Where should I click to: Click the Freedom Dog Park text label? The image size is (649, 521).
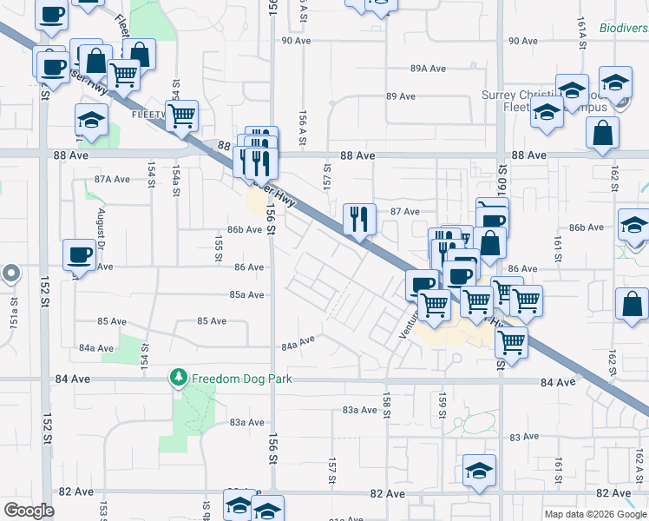(242, 379)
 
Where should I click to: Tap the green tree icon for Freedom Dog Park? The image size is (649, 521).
(179, 378)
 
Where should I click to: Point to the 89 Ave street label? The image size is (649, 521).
(403, 96)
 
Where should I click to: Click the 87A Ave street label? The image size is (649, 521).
(112, 179)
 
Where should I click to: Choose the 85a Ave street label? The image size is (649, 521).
(246, 295)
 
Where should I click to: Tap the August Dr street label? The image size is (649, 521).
(102, 228)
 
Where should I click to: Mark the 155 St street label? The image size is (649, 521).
(219, 247)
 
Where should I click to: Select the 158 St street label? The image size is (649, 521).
(387, 403)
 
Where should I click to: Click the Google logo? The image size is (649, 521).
(29, 511)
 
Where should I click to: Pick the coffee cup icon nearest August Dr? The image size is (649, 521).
(80, 254)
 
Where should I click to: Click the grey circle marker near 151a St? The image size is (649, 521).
(10, 274)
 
